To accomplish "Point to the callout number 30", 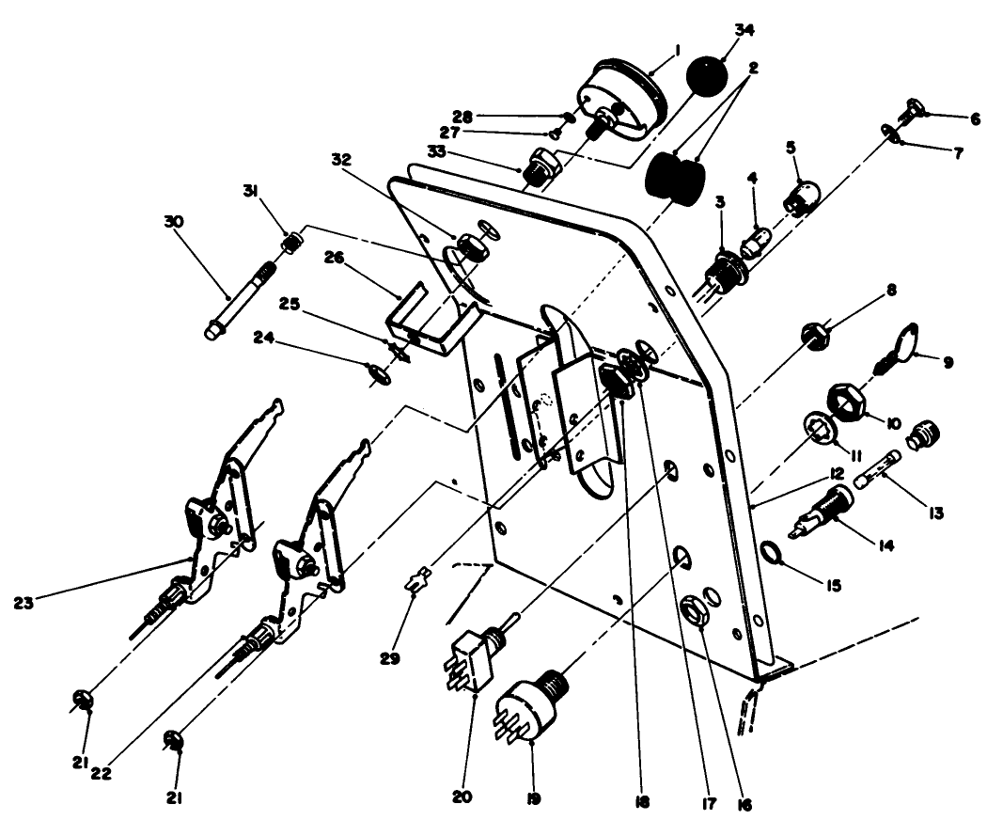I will click(175, 221).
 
